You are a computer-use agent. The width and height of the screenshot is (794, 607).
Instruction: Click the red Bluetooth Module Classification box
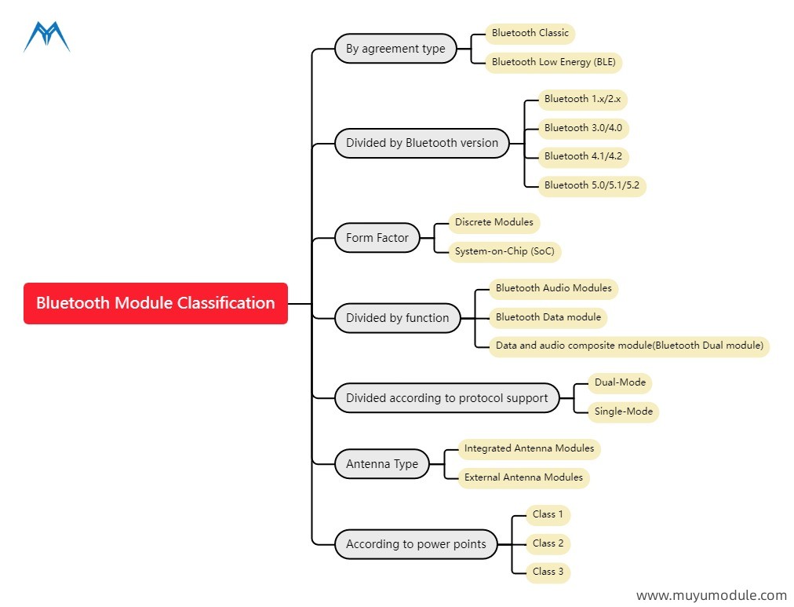coord(155,303)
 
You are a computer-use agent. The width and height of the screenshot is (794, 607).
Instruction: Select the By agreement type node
coord(395,49)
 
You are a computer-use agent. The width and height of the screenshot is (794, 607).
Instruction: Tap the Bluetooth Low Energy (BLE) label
coord(552,62)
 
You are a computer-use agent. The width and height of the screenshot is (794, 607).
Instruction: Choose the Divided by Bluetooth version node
coord(422,143)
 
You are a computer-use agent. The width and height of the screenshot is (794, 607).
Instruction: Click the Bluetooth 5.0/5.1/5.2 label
coord(592,185)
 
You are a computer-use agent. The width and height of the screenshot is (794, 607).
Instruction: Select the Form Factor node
coord(377,238)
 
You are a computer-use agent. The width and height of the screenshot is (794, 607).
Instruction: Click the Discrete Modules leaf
coord(494,222)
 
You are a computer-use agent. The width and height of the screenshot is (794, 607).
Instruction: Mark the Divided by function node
coord(398,318)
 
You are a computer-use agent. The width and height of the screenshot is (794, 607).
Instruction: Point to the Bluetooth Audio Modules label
coord(553,288)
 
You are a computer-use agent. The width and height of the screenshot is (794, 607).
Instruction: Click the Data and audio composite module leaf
coord(628,346)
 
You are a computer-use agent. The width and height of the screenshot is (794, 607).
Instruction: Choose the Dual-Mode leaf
coord(620,382)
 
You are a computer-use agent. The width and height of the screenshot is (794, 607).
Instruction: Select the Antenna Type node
coord(382,464)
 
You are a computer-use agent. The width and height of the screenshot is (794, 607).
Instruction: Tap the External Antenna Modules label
coord(523,477)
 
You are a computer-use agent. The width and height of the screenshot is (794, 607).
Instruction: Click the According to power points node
coord(416,544)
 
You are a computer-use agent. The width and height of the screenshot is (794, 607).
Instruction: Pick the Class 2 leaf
coord(548,543)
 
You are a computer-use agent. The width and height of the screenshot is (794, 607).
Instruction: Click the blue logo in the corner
coord(46,37)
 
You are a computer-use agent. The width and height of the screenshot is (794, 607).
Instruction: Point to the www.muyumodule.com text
coord(711,596)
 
